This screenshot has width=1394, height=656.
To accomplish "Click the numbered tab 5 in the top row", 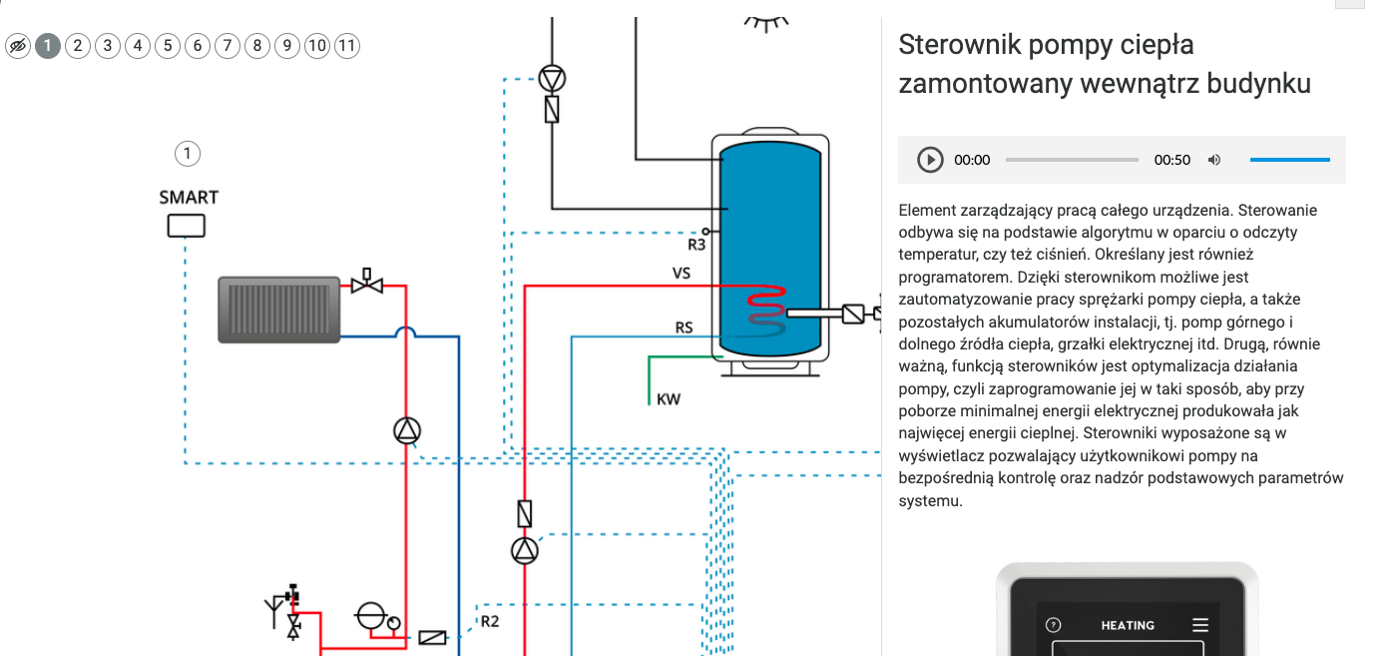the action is pos(168,46).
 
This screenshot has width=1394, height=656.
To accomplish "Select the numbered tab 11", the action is pos(347,46).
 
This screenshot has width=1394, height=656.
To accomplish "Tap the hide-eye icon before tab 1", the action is pos(18,46).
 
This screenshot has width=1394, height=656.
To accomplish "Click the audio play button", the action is pos(930,160).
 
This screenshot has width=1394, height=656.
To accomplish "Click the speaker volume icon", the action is pos(1214,160).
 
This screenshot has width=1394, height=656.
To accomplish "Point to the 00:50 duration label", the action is pos(1171,160).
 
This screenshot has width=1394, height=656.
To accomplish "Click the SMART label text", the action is pos(189,198).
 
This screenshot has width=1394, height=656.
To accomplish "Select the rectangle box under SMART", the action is pos(186,226).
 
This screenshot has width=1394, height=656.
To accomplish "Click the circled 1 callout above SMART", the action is pos(188,153).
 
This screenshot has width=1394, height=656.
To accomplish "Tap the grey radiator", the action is pos(278,310).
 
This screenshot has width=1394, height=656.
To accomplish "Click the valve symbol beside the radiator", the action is pos(367,283).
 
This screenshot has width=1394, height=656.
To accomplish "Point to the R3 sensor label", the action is pos(697,245).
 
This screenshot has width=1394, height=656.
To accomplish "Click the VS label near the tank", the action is pos(682,273).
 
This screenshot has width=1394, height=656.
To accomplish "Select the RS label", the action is pos(684,328).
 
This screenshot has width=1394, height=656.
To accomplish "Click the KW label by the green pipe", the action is pos(669,399).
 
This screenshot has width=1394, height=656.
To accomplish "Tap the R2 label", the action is pos(490,621).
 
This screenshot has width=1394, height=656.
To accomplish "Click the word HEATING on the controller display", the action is pos(1128,625).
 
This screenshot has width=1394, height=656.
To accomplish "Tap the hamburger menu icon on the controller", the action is pos(1200,625).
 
